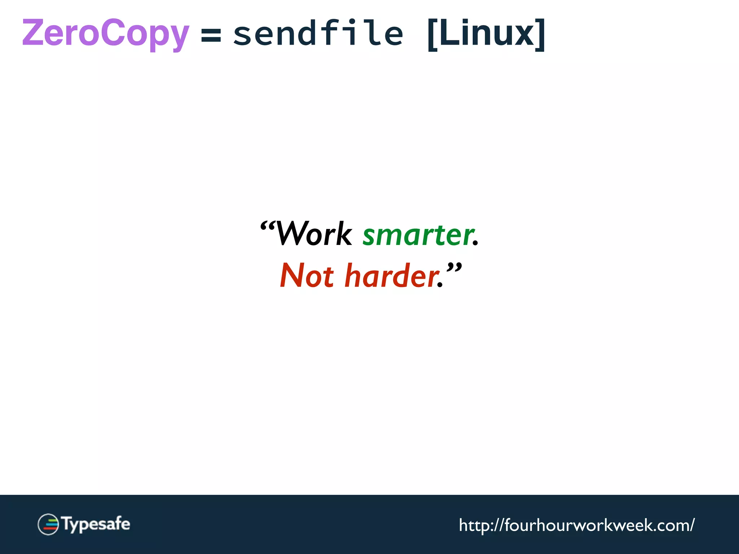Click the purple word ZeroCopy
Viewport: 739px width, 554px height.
coord(105,33)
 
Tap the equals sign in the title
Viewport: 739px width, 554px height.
coord(211,35)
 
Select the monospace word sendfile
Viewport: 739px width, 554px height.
coord(318,33)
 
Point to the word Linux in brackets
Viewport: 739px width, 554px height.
coord(486,33)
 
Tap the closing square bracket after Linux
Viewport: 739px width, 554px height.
coord(540,35)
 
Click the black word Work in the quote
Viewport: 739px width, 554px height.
coord(313,234)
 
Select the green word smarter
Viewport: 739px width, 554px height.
coord(418,235)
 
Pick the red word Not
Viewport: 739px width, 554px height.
coord(307,276)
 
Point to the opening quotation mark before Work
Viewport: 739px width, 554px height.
coord(267,226)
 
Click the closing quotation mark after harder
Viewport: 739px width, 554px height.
coord(454,268)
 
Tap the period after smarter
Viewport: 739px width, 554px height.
coord(475,244)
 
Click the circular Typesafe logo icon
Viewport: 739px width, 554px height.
coord(48,524)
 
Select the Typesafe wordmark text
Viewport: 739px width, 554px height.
coord(96,524)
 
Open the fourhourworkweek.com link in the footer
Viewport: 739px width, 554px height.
coord(576,525)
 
